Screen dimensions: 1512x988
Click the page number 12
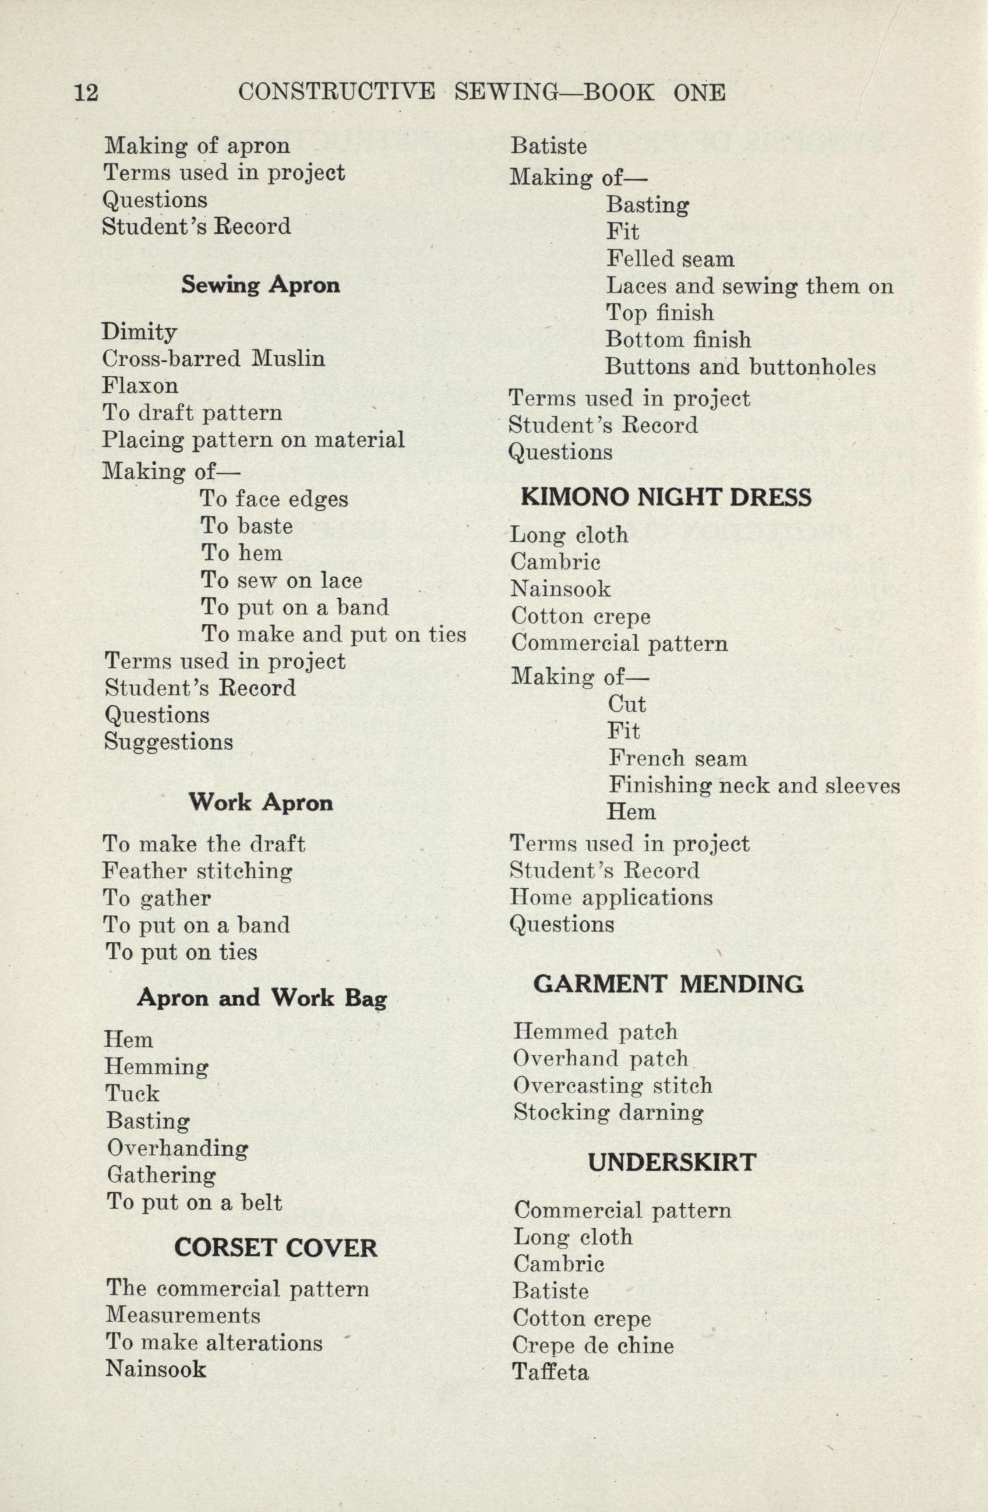pos(86,93)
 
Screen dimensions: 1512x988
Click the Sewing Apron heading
pos(260,285)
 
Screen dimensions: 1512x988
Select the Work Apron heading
pos(260,803)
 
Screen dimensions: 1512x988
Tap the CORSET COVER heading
pos(276,1249)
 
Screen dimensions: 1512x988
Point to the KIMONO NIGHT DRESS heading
pos(666,497)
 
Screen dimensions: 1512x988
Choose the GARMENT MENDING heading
pos(668,985)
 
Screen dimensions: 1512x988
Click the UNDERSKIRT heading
pos(672,1163)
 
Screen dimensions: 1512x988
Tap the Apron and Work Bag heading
pos(262,998)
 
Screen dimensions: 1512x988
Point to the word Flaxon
pos(140,386)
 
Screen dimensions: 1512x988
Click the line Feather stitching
pos(197,871)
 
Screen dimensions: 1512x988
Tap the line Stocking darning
pos(608,1112)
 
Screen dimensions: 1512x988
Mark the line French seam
pos(678,758)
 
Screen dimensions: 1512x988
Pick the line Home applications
pos(611,898)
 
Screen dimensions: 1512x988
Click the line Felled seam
pos(671,259)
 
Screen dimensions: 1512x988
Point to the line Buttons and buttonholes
pos(740,367)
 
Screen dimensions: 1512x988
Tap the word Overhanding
pos(178,1148)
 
